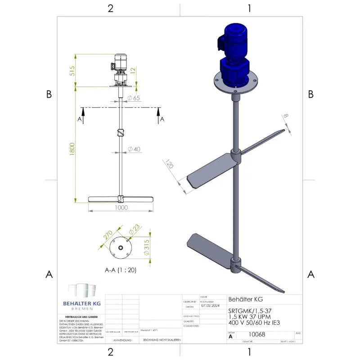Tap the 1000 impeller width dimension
(x=121, y=208)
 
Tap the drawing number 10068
(x=257, y=334)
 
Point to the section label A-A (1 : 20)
(x=120, y=270)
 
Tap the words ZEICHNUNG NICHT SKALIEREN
(x=161, y=341)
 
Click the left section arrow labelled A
(x=80, y=118)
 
